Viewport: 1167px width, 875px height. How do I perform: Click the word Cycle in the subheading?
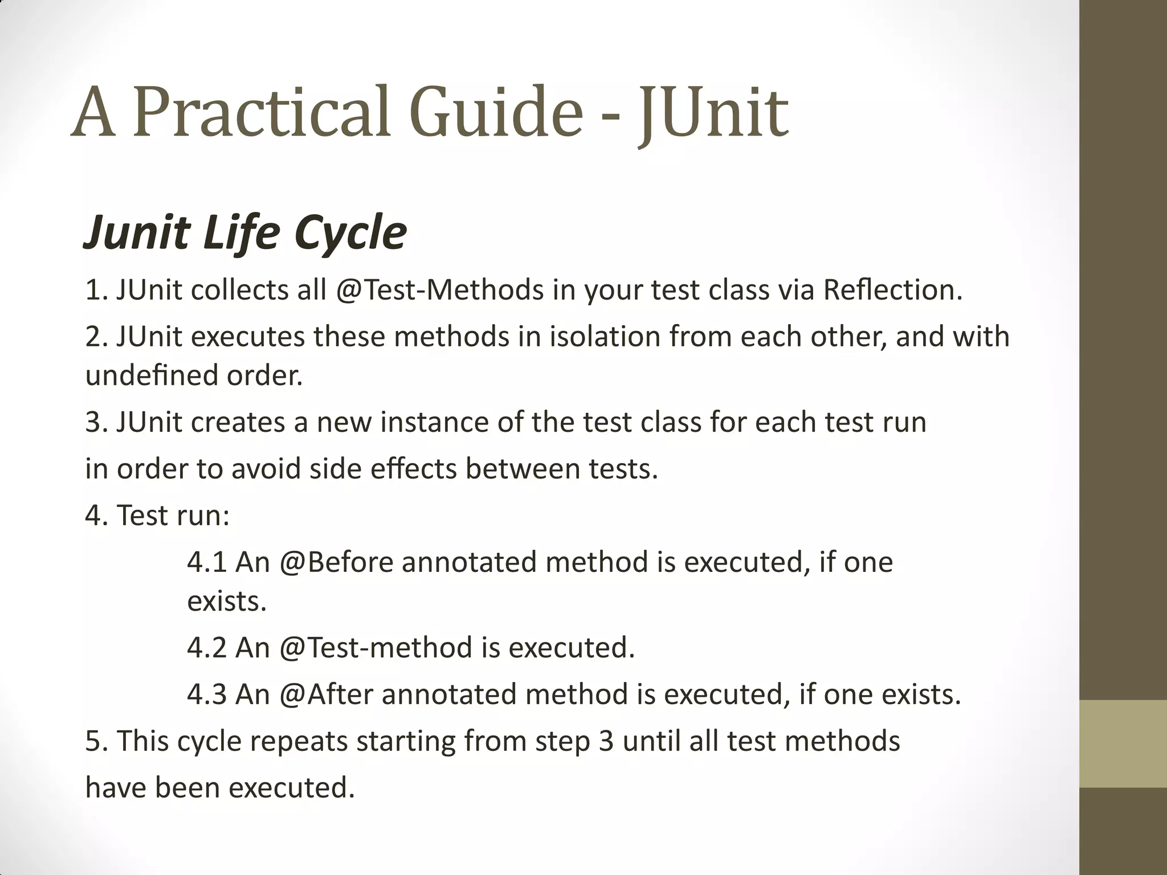click(x=350, y=234)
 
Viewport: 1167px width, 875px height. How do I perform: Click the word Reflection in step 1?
click(x=892, y=290)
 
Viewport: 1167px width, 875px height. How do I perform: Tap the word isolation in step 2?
click(x=605, y=337)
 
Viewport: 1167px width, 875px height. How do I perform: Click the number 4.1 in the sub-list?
click(x=207, y=562)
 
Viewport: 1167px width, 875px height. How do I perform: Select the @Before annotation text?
click(x=336, y=562)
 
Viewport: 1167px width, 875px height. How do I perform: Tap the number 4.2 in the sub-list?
click(x=207, y=648)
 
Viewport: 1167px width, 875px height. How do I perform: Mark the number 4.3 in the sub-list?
click(x=207, y=694)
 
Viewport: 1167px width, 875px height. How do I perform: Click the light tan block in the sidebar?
click(x=1123, y=743)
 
